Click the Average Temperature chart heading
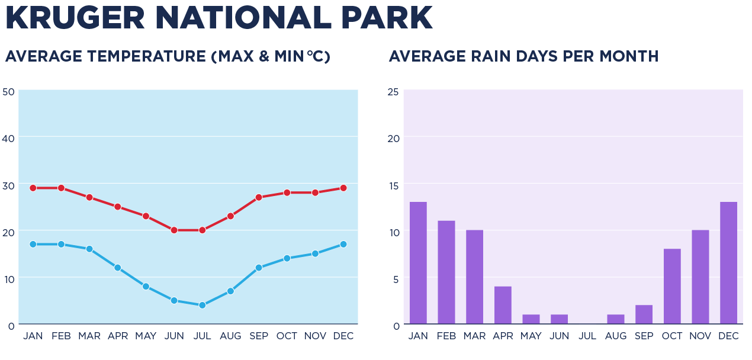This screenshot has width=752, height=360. click(168, 56)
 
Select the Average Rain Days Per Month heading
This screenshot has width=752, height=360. click(523, 56)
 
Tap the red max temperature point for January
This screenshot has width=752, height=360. click(33, 188)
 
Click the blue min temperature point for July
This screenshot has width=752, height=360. click(202, 305)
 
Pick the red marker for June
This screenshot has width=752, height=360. click(174, 230)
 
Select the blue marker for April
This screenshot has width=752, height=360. click(118, 268)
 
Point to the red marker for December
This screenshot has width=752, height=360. click(343, 188)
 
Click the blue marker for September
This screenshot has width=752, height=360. click(259, 268)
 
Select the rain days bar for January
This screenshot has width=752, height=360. click(418, 263)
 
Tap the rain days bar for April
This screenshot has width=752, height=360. click(503, 305)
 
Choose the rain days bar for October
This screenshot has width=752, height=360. click(672, 287)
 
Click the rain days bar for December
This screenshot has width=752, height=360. click(728, 263)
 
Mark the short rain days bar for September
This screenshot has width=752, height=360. click(644, 314)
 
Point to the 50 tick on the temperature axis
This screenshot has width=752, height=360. click(8, 92)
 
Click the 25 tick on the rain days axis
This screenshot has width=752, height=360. click(393, 92)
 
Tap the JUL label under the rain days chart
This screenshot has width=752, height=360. click(587, 336)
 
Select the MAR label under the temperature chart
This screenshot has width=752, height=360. click(89, 336)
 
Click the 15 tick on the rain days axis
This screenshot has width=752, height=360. click(393, 185)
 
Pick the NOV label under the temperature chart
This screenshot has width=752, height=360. click(315, 336)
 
